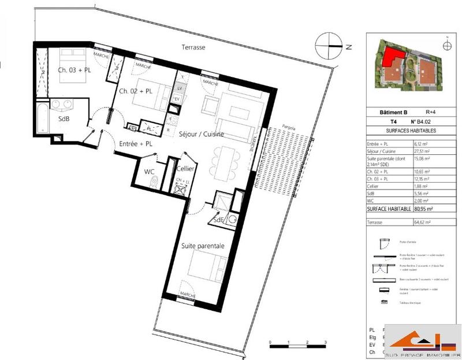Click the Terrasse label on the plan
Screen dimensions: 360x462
pos(193,47)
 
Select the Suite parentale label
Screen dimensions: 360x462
pos(203,246)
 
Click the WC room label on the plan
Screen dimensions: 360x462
pos(149,172)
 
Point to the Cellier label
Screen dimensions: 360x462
pos(185,168)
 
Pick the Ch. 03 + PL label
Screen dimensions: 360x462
pos(73,70)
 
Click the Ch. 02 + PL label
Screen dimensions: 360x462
pos(136,91)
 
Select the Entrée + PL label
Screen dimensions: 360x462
pos(136,143)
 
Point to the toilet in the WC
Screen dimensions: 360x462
pos(152,182)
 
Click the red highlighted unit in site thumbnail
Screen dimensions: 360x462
pos(390,58)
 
